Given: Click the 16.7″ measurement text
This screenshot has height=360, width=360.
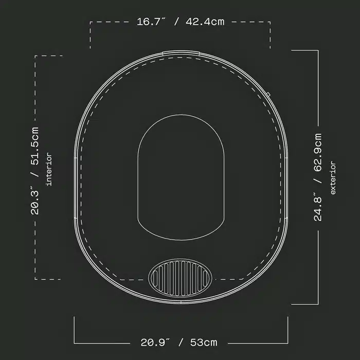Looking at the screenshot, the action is coord(151,22).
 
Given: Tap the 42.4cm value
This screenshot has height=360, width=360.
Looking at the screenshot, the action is coord(205,22).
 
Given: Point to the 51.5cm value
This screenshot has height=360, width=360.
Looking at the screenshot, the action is coord(35,146).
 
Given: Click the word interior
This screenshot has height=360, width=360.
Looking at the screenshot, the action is coord(49,170).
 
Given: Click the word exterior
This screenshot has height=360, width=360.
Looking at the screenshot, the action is coord(333,178).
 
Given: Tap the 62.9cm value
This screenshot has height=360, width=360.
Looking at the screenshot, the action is coord(318,152).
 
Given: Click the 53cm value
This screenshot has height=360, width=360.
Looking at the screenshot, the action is coord(204,343).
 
